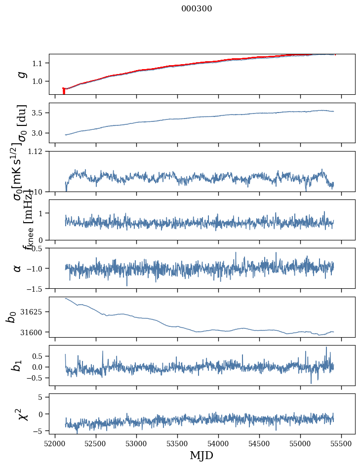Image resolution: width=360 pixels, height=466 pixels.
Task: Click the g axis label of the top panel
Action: [x=21, y=74]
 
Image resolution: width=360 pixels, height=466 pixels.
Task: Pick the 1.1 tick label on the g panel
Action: [x=39, y=63]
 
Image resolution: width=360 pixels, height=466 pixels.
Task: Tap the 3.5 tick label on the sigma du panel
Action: [x=39, y=113]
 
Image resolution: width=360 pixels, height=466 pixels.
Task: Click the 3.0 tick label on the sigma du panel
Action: [x=39, y=133]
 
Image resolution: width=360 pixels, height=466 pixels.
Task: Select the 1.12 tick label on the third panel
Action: [x=37, y=152]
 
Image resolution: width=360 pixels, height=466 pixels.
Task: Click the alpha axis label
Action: [x=18, y=268]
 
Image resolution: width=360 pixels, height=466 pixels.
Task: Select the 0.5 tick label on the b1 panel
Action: [x=39, y=356]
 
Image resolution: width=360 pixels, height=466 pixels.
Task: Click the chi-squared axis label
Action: [x=22, y=414]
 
